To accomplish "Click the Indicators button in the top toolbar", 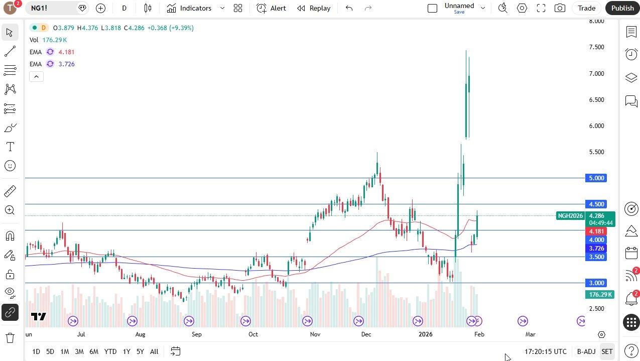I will (189, 8).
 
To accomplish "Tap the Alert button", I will (271, 8).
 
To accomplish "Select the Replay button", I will (314, 8).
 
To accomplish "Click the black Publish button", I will (622, 8).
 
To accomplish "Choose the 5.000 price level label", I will (596, 178).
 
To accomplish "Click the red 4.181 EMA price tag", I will (596, 231).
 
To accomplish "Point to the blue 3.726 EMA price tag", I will (596, 249).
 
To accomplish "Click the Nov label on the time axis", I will (315, 334).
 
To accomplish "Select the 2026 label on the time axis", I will (425, 334).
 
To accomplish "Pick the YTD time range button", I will (110, 351).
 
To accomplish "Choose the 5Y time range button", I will (140, 351).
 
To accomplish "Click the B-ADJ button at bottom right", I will (586, 351).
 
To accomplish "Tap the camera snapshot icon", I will (560, 8).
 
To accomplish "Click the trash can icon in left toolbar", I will (10, 338).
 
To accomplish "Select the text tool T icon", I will (10, 147).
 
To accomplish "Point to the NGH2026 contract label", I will (570, 216).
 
